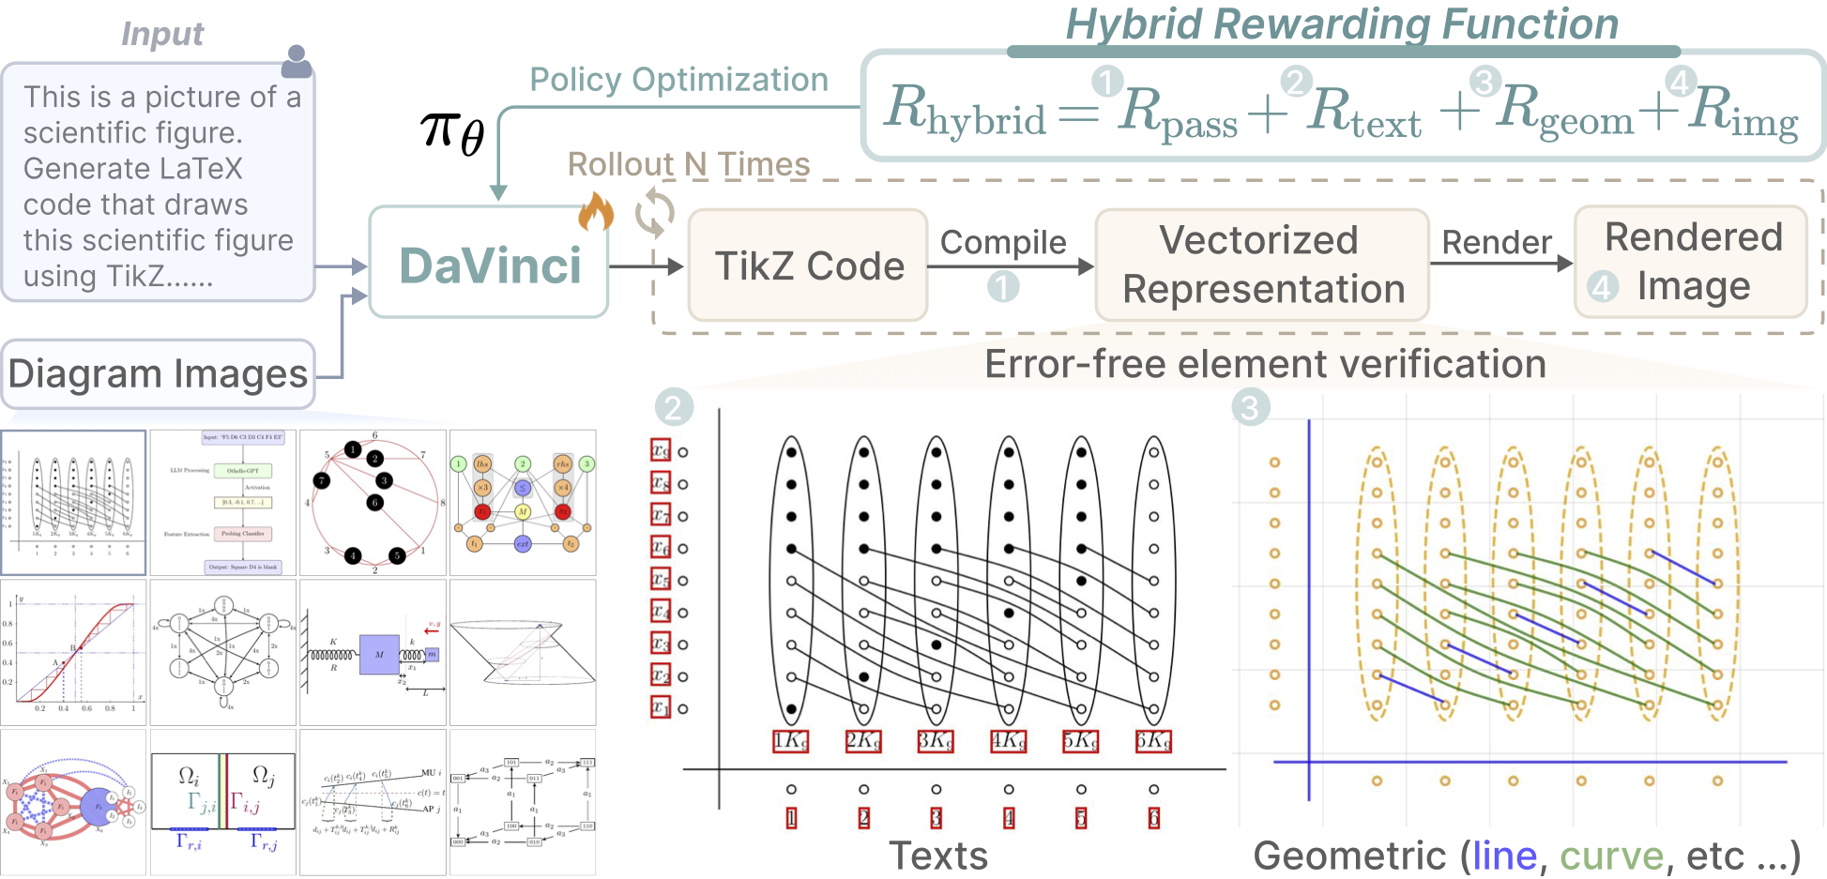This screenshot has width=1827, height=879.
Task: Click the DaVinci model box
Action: [489, 265]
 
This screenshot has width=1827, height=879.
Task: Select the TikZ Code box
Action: [808, 265]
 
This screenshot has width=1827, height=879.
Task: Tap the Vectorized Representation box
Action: [1261, 265]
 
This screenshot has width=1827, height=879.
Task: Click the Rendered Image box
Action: [1692, 262]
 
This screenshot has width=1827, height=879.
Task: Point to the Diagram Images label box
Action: [158, 373]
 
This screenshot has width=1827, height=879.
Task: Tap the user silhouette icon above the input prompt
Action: [297, 62]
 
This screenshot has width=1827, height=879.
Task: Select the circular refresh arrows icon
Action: [654, 213]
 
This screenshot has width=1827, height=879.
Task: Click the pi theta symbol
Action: [451, 131]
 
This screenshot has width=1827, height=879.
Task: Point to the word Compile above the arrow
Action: [1003, 242]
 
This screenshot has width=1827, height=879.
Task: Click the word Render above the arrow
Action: [1497, 242]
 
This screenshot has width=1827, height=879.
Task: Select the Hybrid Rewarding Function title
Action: [1342, 23]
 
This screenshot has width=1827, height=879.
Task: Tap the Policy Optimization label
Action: [678, 80]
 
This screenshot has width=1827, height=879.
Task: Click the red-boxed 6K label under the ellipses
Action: [1153, 741]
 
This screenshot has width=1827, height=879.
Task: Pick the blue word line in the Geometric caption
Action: [1504, 856]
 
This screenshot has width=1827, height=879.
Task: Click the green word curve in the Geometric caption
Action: [1611, 856]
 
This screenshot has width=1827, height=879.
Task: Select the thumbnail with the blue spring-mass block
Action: [373, 652]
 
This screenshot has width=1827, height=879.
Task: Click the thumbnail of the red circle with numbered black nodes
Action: [373, 503]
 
